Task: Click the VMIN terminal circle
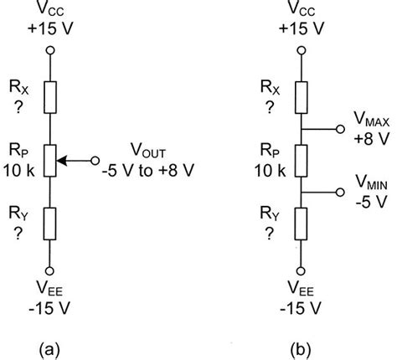338,192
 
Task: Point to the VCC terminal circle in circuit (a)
49,50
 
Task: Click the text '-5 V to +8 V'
148,168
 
